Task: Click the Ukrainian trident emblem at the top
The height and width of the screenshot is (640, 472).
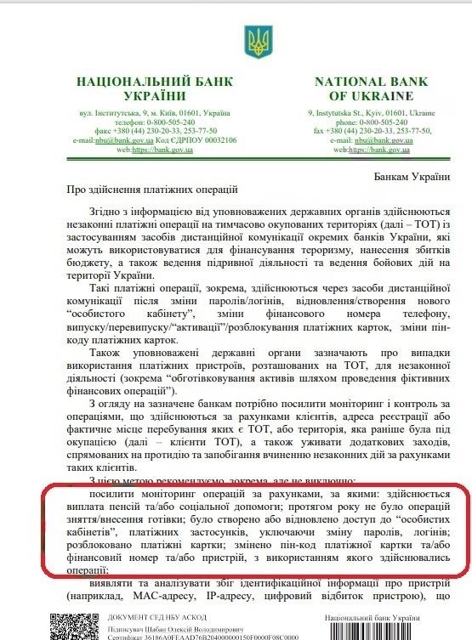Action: pyautogui.click(x=256, y=37)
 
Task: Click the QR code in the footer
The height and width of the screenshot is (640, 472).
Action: pyautogui.click(x=67, y=625)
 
